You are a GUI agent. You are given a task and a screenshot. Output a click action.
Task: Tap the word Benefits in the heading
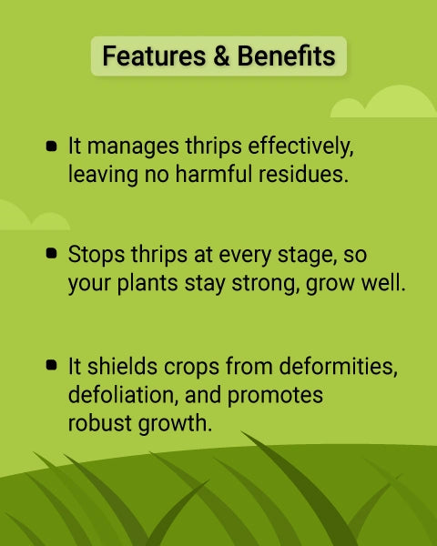[287, 56]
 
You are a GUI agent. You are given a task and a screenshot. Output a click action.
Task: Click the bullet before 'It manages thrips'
[51, 146]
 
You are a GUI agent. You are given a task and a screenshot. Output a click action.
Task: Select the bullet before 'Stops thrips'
[51, 255]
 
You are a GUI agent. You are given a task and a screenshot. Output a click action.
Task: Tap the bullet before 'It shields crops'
[51, 367]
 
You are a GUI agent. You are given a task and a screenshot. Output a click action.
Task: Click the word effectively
[297, 146]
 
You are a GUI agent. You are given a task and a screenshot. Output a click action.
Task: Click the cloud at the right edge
[387, 103]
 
